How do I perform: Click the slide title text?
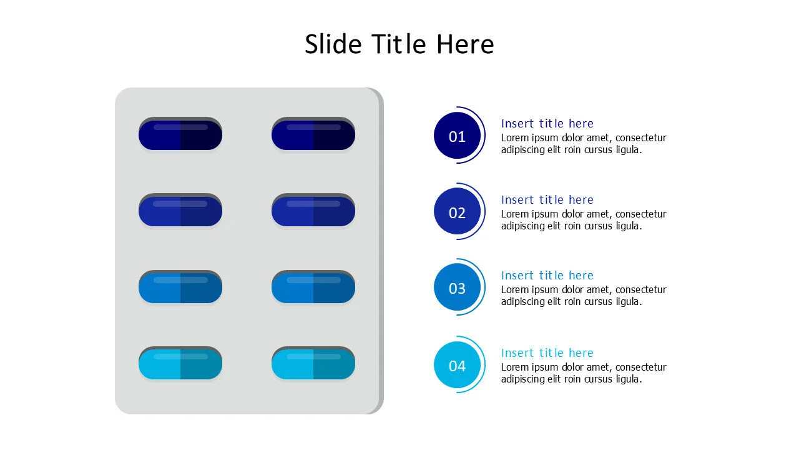tap(399, 44)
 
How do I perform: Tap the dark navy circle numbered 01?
tap(458, 136)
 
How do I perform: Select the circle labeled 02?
tap(458, 212)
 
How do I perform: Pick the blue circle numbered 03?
tap(458, 287)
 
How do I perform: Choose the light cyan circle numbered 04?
tap(458, 365)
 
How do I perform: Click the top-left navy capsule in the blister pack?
tap(180, 134)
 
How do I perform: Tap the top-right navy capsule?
tap(313, 134)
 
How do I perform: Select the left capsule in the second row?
tap(180, 211)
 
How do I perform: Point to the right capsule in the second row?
tap(313, 211)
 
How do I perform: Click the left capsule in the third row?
tap(180, 287)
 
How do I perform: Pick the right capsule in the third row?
tap(313, 287)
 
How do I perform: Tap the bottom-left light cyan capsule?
tap(180, 364)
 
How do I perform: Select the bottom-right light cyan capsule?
tap(313, 364)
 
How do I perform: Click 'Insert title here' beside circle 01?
tap(547, 124)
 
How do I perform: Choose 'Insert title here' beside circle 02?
tap(547, 200)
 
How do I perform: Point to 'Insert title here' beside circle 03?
tap(547, 276)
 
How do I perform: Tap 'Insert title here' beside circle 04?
tap(547, 353)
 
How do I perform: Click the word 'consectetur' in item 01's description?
tap(641, 138)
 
